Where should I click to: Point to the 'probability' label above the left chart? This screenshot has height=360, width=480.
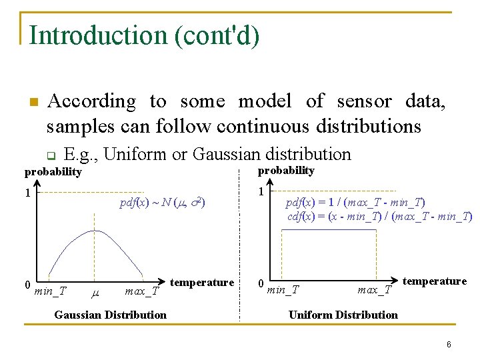click(x=53, y=172)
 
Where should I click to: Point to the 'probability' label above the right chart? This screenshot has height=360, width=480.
click(x=286, y=170)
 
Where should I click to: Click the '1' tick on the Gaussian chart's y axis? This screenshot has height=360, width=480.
click(x=27, y=193)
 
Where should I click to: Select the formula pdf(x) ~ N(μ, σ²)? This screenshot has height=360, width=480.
click(x=162, y=203)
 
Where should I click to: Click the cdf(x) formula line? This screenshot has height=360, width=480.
click(x=379, y=216)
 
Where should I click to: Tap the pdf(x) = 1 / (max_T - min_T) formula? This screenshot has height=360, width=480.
click(x=355, y=202)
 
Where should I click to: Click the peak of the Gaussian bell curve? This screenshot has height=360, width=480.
click(x=95, y=231)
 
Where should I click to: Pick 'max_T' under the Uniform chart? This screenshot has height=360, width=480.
click(x=375, y=290)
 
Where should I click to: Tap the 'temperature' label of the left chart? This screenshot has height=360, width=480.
click(x=202, y=282)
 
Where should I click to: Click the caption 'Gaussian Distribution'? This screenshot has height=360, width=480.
click(x=110, y=315)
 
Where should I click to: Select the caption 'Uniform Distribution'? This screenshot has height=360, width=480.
click(x=343, y=315)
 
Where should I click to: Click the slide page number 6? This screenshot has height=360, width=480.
click(x=449, y=345)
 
